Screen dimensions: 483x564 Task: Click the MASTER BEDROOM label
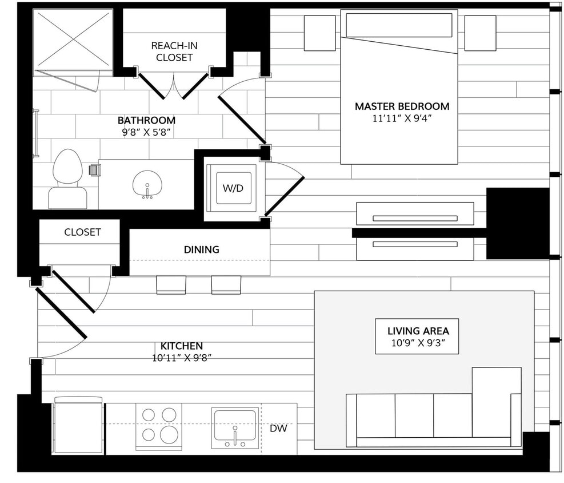[402, 106]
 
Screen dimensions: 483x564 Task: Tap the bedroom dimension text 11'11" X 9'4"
[402, 120]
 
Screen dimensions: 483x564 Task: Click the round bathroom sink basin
[147, 184]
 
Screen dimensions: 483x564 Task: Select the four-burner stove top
[158, 426]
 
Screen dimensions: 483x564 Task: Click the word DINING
[201, 250]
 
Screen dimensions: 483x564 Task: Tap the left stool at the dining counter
[171, 284]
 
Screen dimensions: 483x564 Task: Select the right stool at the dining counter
[226, 284]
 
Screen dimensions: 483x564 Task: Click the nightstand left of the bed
[319, 33]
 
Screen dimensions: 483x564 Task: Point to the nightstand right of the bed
[479, 33]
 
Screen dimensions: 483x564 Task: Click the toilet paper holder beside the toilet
[95, 170]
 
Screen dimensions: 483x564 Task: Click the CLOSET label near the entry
[82, 232]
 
